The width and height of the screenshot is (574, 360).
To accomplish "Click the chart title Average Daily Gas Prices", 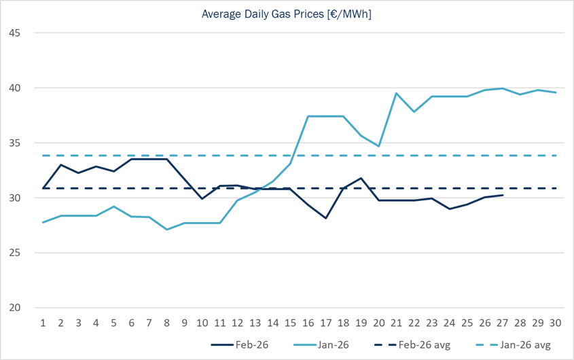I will (286, 14).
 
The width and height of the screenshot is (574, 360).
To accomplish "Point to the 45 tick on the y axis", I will (15, 33).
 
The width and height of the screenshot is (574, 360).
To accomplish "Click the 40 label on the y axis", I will (15, 88).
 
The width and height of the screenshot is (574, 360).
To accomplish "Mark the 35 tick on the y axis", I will (15, 143).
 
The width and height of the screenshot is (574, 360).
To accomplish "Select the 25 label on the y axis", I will (15, 253).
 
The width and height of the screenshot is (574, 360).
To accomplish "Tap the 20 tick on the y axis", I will (15, 308).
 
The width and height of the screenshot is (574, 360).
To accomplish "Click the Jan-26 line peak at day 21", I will (397, 93).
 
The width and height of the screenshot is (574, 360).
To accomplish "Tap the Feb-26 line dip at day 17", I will (326, 218).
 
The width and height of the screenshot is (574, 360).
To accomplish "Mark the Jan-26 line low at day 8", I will (167, 230).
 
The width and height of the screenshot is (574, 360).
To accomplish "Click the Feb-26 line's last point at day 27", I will (503, 195).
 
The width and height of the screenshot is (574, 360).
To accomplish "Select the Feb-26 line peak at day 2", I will (61, 164).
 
